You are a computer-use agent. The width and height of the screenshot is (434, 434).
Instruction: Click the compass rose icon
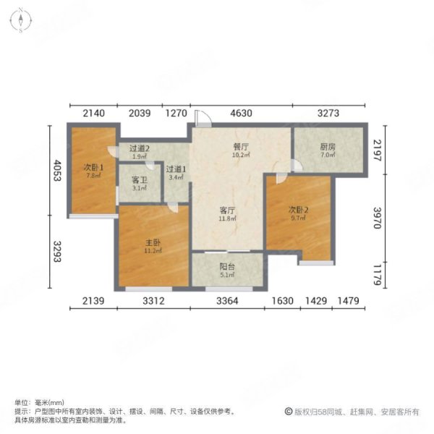coord(21,20)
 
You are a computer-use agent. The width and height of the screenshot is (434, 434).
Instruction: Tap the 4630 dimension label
coord(242,114)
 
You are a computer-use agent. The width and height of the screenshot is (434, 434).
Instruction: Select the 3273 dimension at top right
coord(328,114)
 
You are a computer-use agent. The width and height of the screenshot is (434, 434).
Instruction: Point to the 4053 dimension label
coord(57,170)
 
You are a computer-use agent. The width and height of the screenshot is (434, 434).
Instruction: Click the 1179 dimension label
coord(378,275)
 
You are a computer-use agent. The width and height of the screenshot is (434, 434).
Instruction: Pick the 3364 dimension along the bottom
coord(227,301)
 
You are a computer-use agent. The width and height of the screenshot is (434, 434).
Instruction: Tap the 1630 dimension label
coord(282,301)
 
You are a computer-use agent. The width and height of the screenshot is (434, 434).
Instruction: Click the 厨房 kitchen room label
coord(328,147)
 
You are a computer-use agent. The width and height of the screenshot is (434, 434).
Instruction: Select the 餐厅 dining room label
coord(241,147)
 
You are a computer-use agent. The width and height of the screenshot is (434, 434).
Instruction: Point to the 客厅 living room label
coord(227,210)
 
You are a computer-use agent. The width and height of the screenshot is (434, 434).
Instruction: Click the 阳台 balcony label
coord(227,267)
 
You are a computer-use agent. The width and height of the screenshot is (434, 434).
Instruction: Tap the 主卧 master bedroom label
coord(153,243)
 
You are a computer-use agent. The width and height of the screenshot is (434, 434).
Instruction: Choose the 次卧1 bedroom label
coord(93,168)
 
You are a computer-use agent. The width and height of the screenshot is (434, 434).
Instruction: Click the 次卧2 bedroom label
coord(298,210)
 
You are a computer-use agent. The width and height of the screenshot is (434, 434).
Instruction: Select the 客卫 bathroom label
coord(139,180)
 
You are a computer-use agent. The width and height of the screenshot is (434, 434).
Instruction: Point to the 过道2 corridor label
coord(140,148)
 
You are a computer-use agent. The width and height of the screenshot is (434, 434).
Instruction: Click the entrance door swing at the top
coord(203,119)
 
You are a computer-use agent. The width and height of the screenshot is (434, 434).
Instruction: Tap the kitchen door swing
coord(297,165)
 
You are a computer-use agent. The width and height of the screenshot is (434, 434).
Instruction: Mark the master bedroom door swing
coord(173,208)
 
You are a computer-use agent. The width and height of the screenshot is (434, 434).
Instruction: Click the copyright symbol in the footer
coord(289,412)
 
